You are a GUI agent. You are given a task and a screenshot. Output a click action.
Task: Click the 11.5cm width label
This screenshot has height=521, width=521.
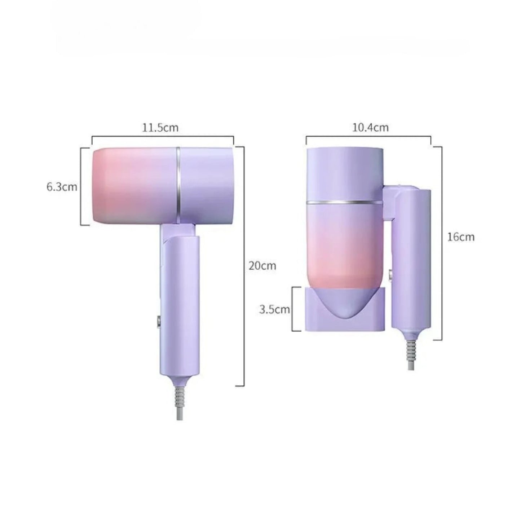click(x=160, y=128)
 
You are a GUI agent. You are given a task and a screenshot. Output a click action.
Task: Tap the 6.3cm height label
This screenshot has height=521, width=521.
click(x=62, y=187)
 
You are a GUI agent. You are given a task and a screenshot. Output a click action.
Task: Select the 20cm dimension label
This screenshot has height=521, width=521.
click(x=262, y=266)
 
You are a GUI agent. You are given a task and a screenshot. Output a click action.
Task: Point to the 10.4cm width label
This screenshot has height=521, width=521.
click(x=370, y=127)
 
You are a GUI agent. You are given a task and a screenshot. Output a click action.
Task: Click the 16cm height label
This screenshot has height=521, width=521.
click(x=461, y=237)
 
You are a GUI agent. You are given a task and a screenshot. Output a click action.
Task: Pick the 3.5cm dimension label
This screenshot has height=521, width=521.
click(x=274, y=309)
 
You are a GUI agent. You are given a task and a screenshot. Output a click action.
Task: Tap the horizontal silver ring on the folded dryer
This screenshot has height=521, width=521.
click(x=345, y=203)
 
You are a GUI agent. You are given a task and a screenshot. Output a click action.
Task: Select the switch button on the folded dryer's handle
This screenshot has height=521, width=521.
click(x=390, y=276)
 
